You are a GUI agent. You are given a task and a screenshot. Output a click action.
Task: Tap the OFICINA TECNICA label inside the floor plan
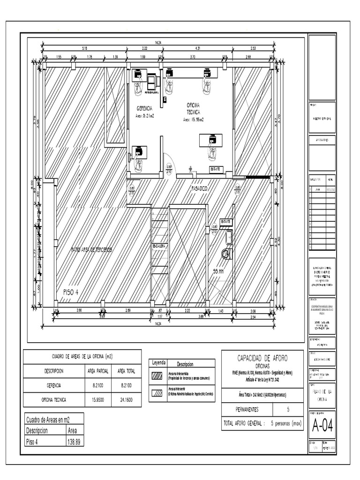click(194, 109)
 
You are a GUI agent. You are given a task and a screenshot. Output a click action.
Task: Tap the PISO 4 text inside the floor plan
click(70, 292)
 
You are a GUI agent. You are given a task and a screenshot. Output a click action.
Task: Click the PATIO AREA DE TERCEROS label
click(91, 250)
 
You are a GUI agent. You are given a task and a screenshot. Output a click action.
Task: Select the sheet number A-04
click(322, 426)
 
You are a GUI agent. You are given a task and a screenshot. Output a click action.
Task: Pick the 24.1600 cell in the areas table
click(126, 400)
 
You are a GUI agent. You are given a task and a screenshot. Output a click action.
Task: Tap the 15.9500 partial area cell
click(98, 400)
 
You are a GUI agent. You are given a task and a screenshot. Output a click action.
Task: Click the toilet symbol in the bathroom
click(227, 254)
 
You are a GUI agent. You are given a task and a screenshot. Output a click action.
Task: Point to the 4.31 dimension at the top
click(197, 48)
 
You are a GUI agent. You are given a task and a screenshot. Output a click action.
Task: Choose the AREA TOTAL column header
click(126, 371)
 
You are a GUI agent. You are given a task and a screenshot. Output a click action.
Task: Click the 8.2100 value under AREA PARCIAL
click(98, 385)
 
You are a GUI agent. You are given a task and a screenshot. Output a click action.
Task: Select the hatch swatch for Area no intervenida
click(157, 376)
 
